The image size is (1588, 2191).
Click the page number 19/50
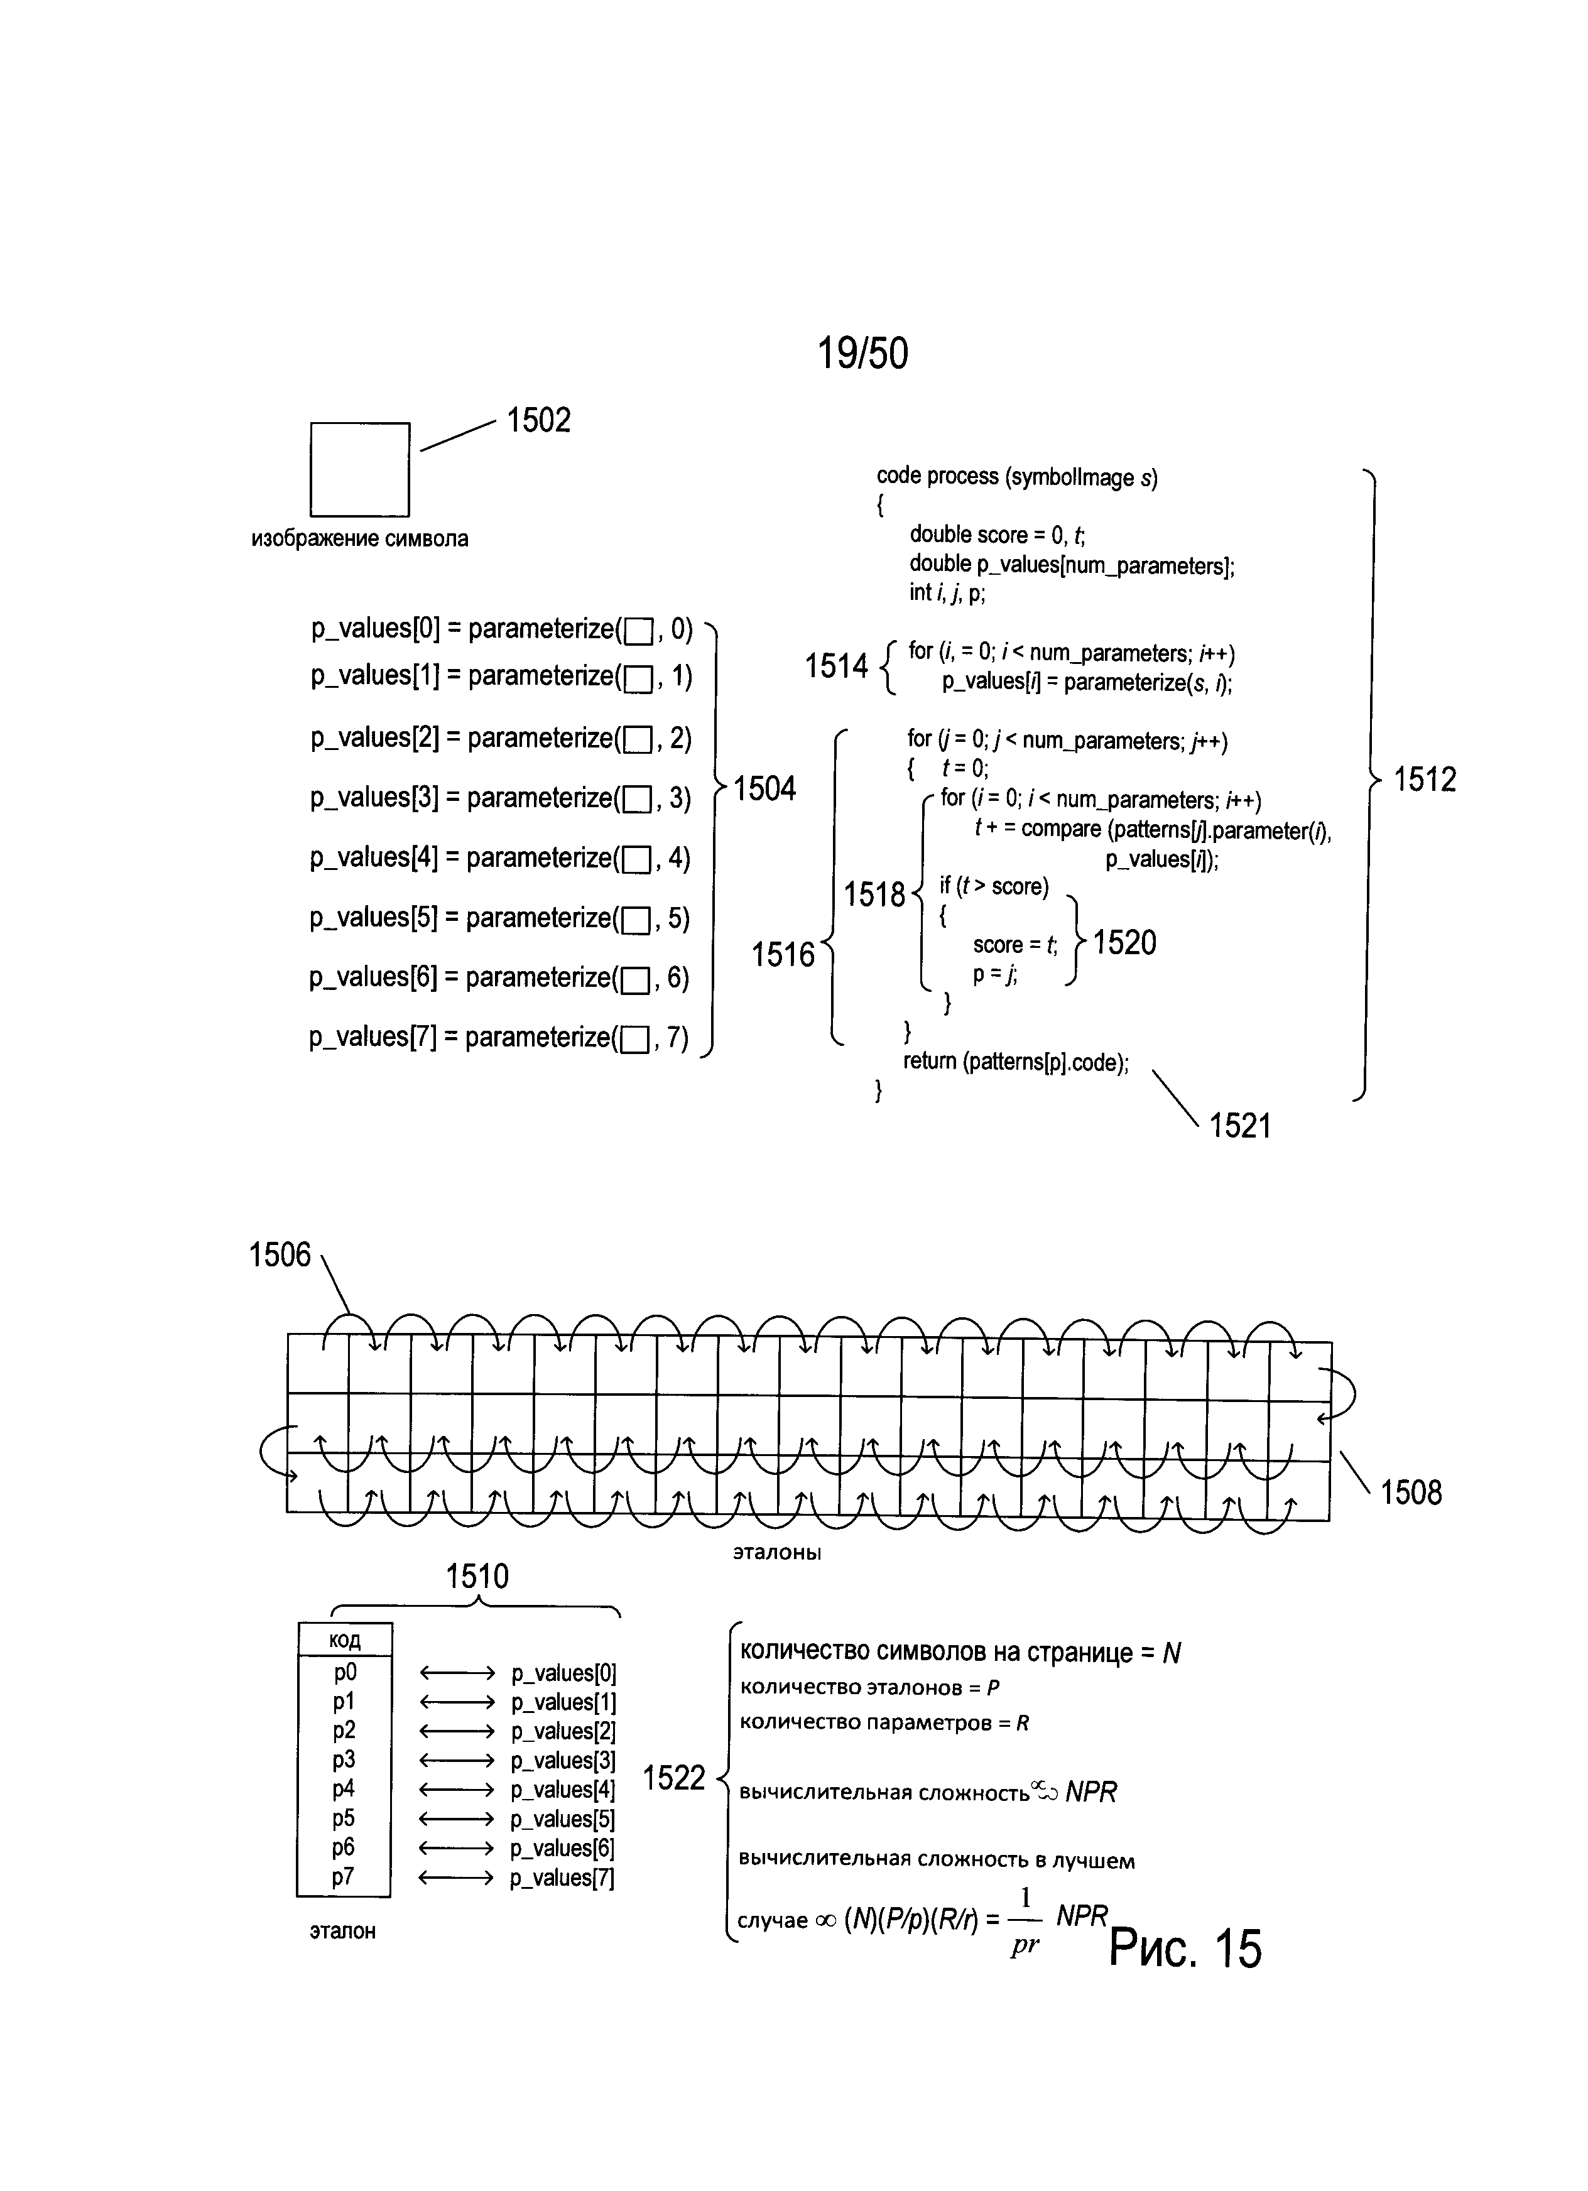[x=862, y=354]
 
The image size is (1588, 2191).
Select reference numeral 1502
[x=539, y=420]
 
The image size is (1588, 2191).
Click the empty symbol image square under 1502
[x=359, y=469]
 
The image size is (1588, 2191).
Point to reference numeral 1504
[x=764, y=789]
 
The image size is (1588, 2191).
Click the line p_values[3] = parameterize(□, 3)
[x=501, y=798]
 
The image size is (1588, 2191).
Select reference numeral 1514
[x=837, y=666]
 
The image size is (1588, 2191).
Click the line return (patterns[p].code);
[x=1015, y=1062]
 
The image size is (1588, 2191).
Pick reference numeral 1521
[x=1240, y=1126]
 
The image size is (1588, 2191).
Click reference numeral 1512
[x=1425, y=779]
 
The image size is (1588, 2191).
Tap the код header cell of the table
[x=345, y=1640]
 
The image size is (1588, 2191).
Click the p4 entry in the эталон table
[x=344, y=1788]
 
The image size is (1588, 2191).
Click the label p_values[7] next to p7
[x=562, y=1878]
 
